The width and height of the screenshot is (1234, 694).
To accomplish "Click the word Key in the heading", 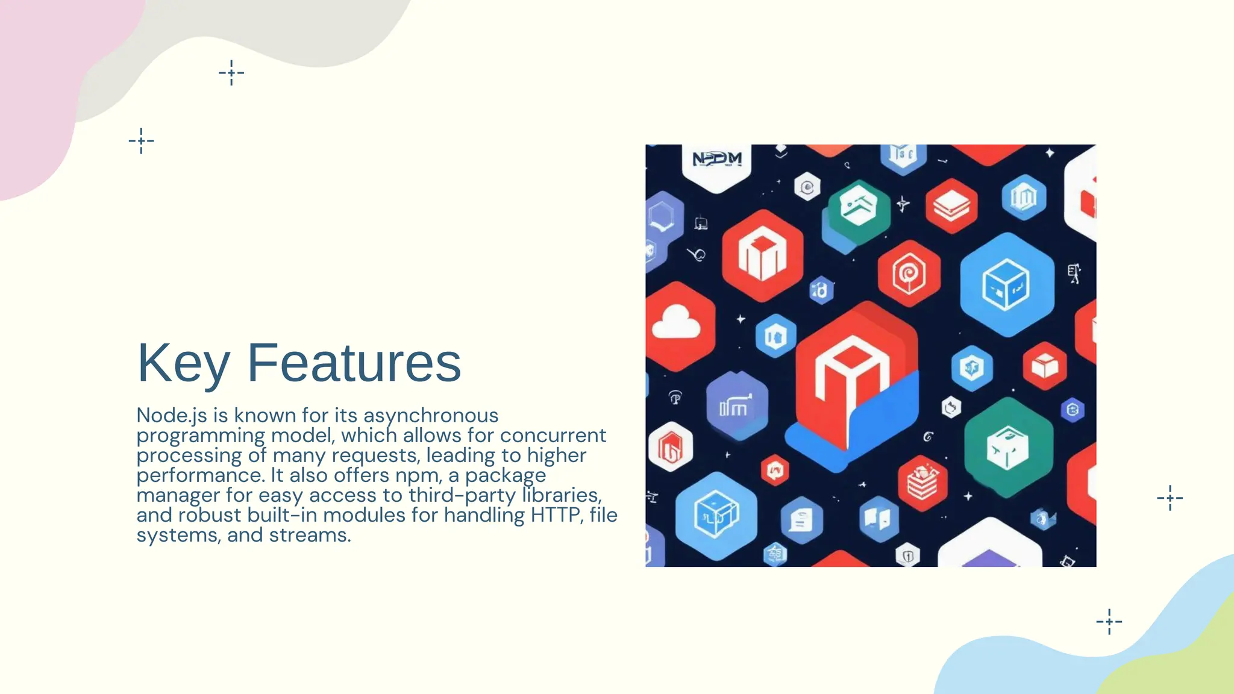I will pos(183,363).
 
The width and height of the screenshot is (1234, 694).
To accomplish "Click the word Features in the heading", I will pos(354,363).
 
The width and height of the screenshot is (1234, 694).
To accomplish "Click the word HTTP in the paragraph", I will pos(556,515).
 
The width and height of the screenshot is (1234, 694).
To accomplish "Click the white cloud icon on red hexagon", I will pos(676,323).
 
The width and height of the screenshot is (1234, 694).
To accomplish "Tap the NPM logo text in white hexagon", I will pos(716,160).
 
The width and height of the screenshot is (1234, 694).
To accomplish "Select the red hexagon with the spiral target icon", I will pos(908,274).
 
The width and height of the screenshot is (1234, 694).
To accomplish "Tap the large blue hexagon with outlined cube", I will pos(1006,285).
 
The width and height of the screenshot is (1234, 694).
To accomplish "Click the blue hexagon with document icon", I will pos(801,520).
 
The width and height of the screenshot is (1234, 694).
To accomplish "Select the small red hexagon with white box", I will pos(1044,366).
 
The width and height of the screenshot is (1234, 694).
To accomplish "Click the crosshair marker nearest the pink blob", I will pos(141,141).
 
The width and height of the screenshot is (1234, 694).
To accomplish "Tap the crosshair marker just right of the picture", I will pos(1170,498).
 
